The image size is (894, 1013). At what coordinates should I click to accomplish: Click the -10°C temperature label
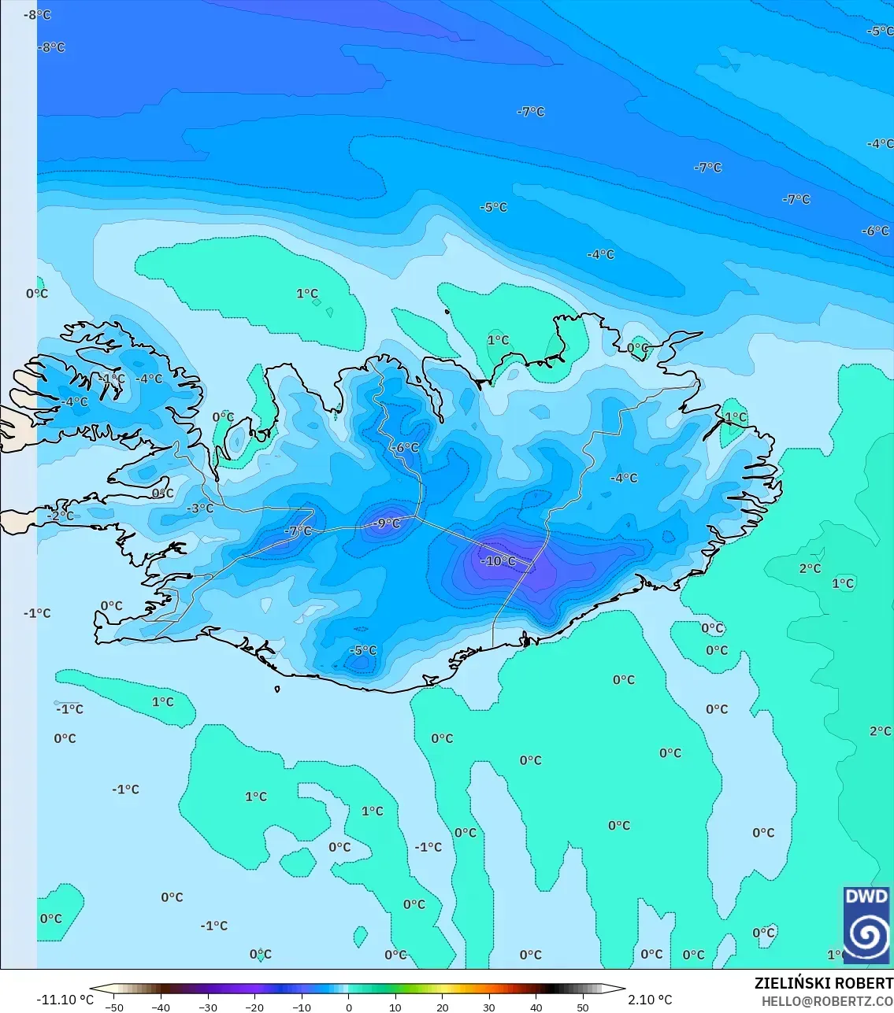pos(499,561)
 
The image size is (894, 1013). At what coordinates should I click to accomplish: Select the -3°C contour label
pos(200,508)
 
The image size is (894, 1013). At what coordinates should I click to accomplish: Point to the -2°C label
pos(61,516)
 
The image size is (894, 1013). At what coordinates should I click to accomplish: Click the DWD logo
pos(866,924)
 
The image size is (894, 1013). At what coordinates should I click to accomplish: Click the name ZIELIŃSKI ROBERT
pos(823,983)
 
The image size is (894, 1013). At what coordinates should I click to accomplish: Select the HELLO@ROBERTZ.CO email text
pos(827,1001)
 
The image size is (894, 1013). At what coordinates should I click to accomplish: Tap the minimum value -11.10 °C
pos(65,1000)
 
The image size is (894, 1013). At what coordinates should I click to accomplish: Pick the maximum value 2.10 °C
pos(650,1000)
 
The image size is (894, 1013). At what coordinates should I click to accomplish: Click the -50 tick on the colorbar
pos(114,1007)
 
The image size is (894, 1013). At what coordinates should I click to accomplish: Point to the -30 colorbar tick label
pos(208,1007)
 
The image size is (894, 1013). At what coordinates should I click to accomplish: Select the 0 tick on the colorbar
pos(349,1007)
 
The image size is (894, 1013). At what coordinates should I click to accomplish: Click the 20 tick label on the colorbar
pos(443,1007)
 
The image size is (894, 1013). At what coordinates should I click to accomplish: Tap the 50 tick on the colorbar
pos(583,1007)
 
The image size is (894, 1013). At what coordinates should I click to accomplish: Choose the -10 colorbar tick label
pos(302,1007)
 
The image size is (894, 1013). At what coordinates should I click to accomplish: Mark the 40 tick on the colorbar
pos(536,1007)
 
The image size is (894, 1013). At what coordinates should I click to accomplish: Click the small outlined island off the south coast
pos(277,690)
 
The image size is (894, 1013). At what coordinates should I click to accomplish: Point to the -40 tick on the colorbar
pos(161,1007)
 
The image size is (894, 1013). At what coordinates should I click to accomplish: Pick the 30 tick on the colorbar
pos(489,1007)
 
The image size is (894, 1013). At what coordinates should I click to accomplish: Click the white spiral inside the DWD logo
pos(866,935)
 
